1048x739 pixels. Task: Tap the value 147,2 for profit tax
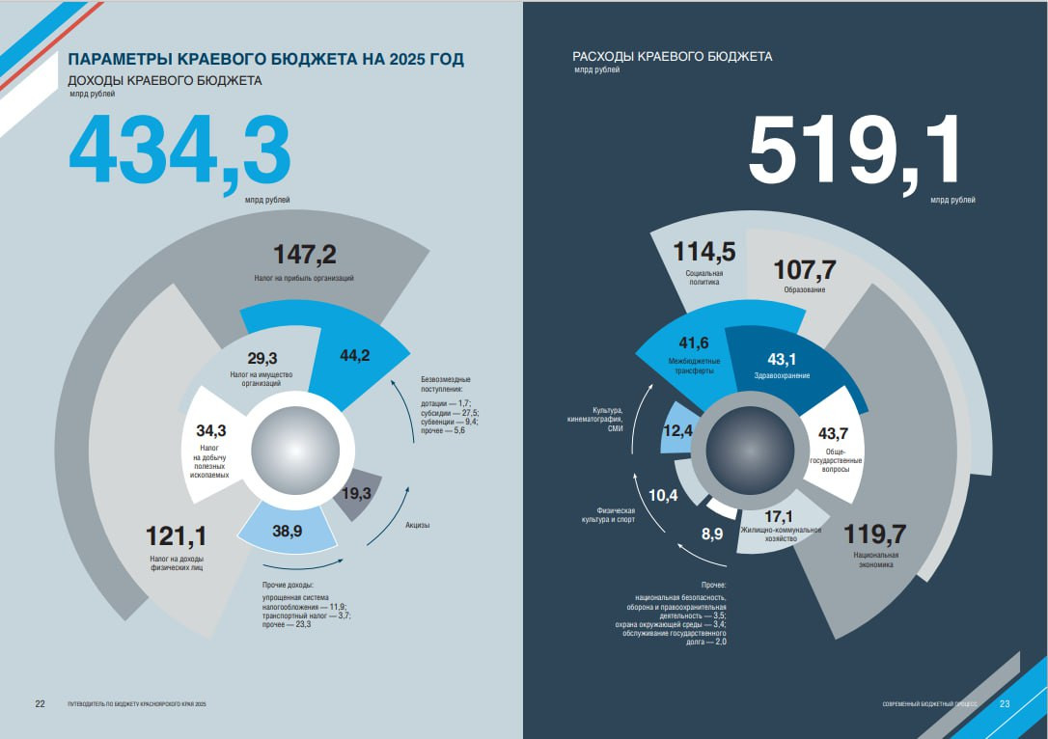click(304, 255)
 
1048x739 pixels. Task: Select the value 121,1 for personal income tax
click(177, 535)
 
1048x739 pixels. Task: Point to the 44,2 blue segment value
click(355, 355)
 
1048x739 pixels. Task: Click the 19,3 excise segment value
click(356, 493)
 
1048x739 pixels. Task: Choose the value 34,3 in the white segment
click(210, 430)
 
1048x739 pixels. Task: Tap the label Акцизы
click(417, 525)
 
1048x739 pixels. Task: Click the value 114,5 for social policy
click(704, 253)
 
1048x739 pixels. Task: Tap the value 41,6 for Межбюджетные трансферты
click(694, 343)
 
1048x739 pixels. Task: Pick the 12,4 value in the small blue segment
click(677, 432)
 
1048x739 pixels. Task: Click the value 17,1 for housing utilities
click(779, 515)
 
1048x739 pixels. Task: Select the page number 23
click(1005, 703)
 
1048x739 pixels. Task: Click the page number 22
click(41, 703)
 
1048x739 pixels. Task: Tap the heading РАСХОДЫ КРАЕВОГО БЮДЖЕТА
click(672, 57)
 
